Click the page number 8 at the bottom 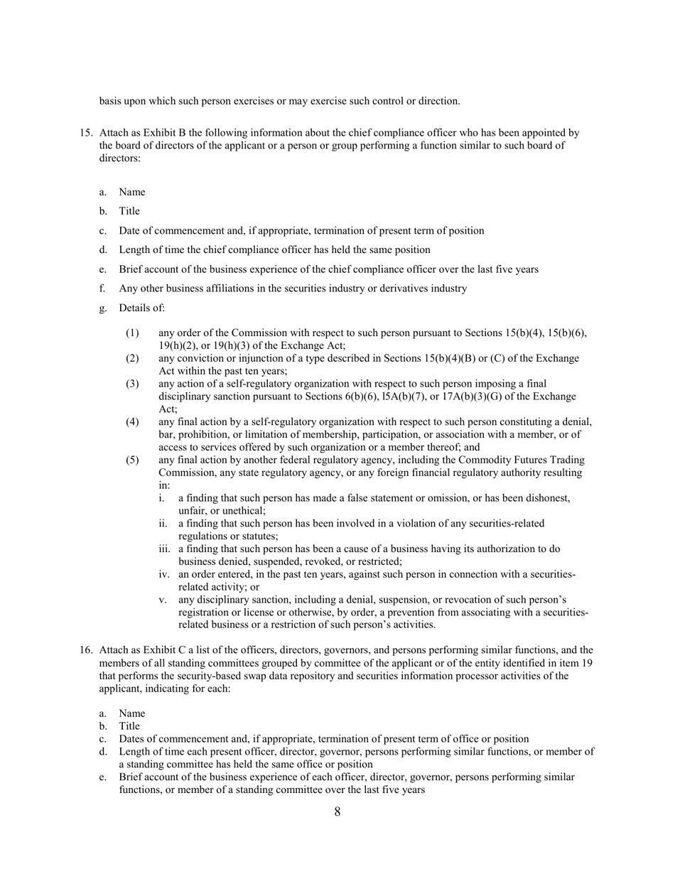(x=337, y=812)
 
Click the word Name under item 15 (x=132, y=192)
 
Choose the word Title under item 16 (x=129, y=726)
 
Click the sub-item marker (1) (x=133, y=333)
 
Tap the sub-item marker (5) (x=133, y=460)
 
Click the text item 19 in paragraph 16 (x=575, y=663)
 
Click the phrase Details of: (x=142, y=308)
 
